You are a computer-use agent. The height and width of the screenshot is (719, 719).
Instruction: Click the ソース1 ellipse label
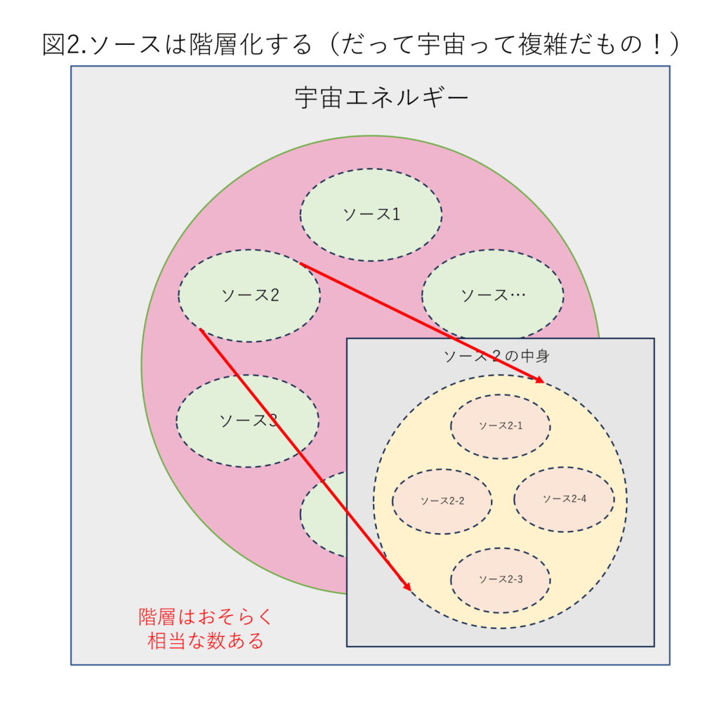pyautogui.click(x=371, y=214)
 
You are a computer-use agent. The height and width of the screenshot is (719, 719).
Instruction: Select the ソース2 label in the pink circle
pyautogui.click(x=250, y=295)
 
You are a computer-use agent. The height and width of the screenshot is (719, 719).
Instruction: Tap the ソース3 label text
pyautogui.click(x=249, y=421)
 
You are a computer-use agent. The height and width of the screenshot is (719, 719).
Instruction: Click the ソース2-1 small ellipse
pyautogui.click(x=500, y=426)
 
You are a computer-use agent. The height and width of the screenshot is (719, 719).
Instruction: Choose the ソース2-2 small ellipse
pyautogui.click(x=442, y=501)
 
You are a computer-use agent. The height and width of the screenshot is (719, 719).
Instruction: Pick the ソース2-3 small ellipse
pyautogui.click(x=500, y=580)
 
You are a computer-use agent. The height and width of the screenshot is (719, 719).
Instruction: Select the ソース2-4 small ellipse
pyautogui.click(x=564, y=499)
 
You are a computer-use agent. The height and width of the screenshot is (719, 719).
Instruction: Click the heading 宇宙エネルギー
pyautogui.click(x=381, y=98)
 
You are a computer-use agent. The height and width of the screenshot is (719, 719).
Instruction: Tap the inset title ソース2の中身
pyautogui.click(x=496, y=356)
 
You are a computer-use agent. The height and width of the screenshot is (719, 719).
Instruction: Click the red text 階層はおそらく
pyautogui.click(x=206, y=616)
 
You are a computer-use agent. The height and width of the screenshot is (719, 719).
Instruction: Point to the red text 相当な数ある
pyautogui.click(x=206, y=640)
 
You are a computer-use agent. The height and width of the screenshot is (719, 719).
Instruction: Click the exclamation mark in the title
pyautogui.click(x=657, y=45)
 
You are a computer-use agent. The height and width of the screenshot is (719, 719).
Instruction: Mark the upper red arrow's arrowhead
pyautogui.click(x=540, y=379)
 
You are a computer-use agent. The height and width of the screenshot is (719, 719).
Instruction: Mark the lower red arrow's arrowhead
pyautogui.click(x=407, y=586)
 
